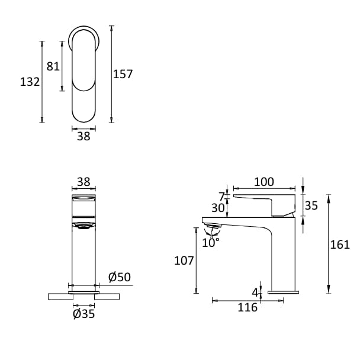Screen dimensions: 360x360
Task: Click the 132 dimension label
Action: coord(30,82)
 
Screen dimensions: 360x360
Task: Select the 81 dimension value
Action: coord(53,66)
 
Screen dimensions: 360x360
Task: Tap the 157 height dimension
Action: coord(123,74)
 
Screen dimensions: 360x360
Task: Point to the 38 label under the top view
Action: coord(83,136)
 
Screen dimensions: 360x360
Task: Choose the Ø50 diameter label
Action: coord(120,277)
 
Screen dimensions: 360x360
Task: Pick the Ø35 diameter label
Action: coord(83,314)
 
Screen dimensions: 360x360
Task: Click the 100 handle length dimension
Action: coord(264,182)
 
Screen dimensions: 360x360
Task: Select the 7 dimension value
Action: coord(222,196)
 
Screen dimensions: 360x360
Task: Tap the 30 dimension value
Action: coord(219,208)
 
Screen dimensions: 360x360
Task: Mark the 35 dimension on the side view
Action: coord(311,205)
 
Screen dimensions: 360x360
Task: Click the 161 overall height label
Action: coord(340,245)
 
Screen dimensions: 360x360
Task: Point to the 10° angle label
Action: coord(210,242)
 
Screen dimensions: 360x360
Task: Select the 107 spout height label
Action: coord(184,261)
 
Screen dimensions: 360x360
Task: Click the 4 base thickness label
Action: coord(255,292)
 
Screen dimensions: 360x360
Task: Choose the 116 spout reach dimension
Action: coord(247,307)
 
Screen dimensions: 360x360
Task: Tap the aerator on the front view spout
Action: coord(83,224)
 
